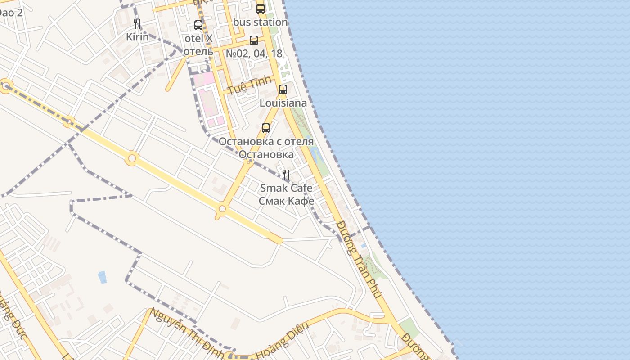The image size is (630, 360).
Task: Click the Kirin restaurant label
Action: coord(137,37)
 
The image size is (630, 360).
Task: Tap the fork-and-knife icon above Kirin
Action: coord(137,24)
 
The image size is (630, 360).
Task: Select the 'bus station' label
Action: coord(261,22)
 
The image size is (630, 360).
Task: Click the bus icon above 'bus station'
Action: coord(261,9)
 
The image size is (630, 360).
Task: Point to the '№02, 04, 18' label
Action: coord(254,54)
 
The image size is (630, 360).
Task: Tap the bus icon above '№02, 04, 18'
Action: coord(254,40)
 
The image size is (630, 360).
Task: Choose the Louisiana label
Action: coord(283,103)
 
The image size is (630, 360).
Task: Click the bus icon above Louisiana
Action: coord(283,90)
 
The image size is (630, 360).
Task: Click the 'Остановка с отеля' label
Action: coord(266,141)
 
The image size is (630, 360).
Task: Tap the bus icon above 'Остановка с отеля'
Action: coord(266,128)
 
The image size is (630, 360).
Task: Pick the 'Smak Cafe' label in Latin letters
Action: coord(286,188)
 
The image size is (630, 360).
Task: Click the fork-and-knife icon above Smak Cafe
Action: coord(286,175)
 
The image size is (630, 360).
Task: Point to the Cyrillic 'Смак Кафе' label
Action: coord(286,201)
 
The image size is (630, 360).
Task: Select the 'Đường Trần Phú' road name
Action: coord(359,259)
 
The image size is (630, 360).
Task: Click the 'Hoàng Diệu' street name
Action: coord(282,341)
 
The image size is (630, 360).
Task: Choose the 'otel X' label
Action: coord(198,38)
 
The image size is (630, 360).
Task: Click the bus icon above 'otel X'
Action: coord(198,25)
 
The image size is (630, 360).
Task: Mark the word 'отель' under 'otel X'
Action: coord(198,51)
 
